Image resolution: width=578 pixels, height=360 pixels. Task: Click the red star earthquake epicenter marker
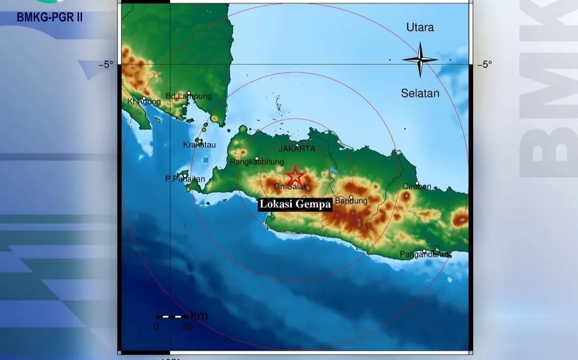tap(294, 176)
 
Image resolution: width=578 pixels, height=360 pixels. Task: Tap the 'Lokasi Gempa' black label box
tap(295, 204)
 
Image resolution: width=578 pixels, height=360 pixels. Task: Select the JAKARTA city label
tap(296, 149)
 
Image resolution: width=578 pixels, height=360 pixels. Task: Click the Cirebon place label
tap(417, 187)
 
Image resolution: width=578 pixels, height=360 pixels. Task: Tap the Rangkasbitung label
tap(256, 162)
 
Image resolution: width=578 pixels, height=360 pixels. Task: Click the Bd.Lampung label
tap(188, 96)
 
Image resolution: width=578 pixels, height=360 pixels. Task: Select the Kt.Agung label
tap(141, 101)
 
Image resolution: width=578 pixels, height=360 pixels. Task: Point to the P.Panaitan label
tap(185, 179)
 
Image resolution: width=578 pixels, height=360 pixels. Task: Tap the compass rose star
tap(420, 59)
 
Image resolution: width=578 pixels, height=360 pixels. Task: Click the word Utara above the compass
tap(420, 27)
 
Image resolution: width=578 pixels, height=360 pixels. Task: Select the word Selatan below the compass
tap(420, 94)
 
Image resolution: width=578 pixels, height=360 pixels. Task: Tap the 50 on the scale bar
tap(187, 327)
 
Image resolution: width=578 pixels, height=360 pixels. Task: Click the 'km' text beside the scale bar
tap(199, 316)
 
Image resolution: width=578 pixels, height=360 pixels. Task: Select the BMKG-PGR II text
tap(50, 17)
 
